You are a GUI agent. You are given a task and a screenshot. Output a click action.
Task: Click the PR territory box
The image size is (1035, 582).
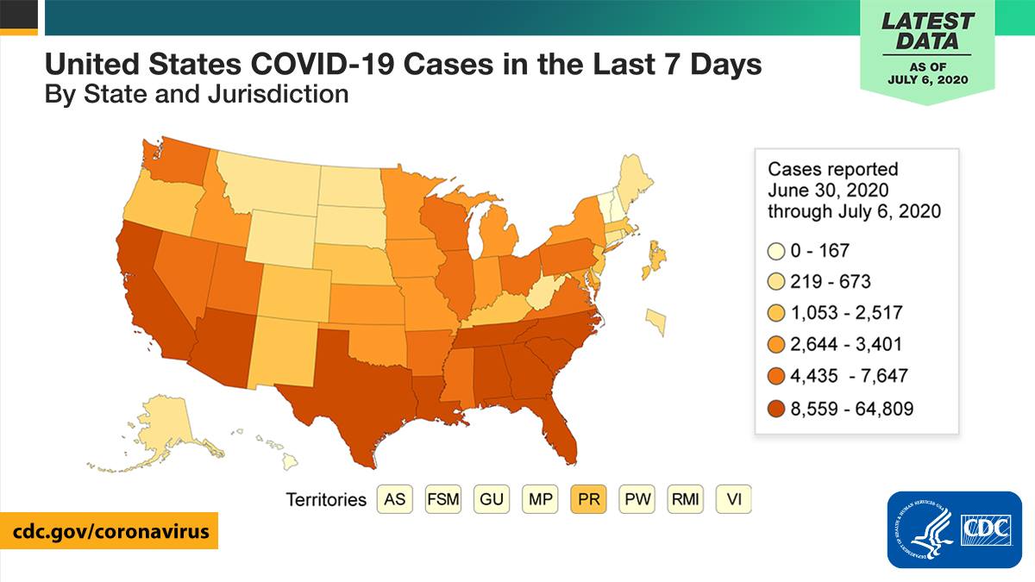588,499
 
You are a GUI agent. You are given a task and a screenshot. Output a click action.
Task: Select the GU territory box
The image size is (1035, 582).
491,499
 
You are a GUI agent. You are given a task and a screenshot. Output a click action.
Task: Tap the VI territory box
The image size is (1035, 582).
734,499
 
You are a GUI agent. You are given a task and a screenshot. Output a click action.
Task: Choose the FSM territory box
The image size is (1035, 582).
443,499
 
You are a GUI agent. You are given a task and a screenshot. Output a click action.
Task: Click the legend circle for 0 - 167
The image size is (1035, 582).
776,251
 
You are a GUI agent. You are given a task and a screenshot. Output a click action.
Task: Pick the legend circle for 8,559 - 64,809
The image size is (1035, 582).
776,409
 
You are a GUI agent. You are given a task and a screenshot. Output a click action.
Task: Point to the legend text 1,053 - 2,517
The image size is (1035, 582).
846,313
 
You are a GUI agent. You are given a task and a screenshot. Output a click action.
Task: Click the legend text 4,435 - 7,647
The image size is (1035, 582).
850,376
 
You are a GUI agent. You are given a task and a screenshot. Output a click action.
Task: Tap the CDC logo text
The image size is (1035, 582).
986,528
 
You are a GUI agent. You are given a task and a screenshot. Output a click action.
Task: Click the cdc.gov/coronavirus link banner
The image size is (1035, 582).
109,531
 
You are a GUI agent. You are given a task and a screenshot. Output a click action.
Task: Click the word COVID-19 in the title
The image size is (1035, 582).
322,64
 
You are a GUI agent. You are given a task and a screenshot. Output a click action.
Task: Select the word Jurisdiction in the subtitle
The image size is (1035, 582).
278,95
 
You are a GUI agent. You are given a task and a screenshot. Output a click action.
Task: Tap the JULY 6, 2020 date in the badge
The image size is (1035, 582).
928,80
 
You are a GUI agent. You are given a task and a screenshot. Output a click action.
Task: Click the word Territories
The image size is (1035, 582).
326,500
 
